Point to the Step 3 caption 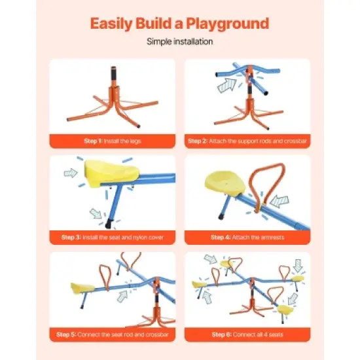pyautogui.click(x=113, y=237)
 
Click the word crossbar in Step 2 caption pyautogui.click(x=287, y=141)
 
